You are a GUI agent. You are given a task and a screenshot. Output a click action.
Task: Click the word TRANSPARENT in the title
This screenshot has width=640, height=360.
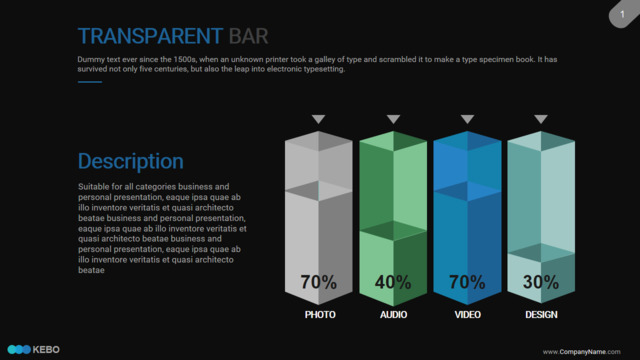coord(150,36)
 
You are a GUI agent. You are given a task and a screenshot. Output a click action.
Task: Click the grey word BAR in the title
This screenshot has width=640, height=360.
coord(248,36)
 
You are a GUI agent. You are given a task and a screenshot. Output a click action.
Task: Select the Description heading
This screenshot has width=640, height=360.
coord(131,161)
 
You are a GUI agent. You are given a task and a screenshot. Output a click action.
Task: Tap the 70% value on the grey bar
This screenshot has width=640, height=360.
coord(318,282)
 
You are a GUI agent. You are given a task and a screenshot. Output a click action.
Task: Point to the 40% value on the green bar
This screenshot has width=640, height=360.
coord(393,282)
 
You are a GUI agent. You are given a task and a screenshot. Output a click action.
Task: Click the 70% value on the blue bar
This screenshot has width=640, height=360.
coord(467,282)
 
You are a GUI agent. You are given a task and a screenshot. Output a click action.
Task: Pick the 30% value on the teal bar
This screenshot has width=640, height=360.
coord(541,282)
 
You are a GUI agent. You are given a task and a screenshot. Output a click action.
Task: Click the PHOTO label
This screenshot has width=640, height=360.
coord(320,315)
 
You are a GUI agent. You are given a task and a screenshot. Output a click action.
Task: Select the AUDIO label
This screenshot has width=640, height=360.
coord(393,315)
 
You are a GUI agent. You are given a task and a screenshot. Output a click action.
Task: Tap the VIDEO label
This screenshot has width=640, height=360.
coord(468,315)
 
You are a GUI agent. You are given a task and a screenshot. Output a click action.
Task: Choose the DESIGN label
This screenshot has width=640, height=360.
coord(541,315)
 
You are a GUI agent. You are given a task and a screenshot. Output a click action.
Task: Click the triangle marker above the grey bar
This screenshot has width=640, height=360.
coord(318,119)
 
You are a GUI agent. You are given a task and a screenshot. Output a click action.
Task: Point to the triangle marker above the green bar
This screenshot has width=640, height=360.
coord(393,119)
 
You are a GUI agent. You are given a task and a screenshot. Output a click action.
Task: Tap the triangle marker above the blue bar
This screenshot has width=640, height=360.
coord(467,119)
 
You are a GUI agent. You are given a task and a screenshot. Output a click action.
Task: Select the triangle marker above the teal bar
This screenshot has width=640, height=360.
coord(541,119)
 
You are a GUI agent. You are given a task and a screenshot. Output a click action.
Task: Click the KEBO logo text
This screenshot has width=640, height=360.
coord(46,350)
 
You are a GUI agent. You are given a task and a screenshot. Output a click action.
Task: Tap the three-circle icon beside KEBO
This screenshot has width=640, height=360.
coord(19,349)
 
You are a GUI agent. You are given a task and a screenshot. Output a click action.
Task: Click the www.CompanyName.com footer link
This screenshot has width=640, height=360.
coord(582,352)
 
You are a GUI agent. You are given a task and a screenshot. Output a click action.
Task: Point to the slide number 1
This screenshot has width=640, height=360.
coord(622,14)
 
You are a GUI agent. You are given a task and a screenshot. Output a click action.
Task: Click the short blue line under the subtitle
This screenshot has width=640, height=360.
coord(90,82)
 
